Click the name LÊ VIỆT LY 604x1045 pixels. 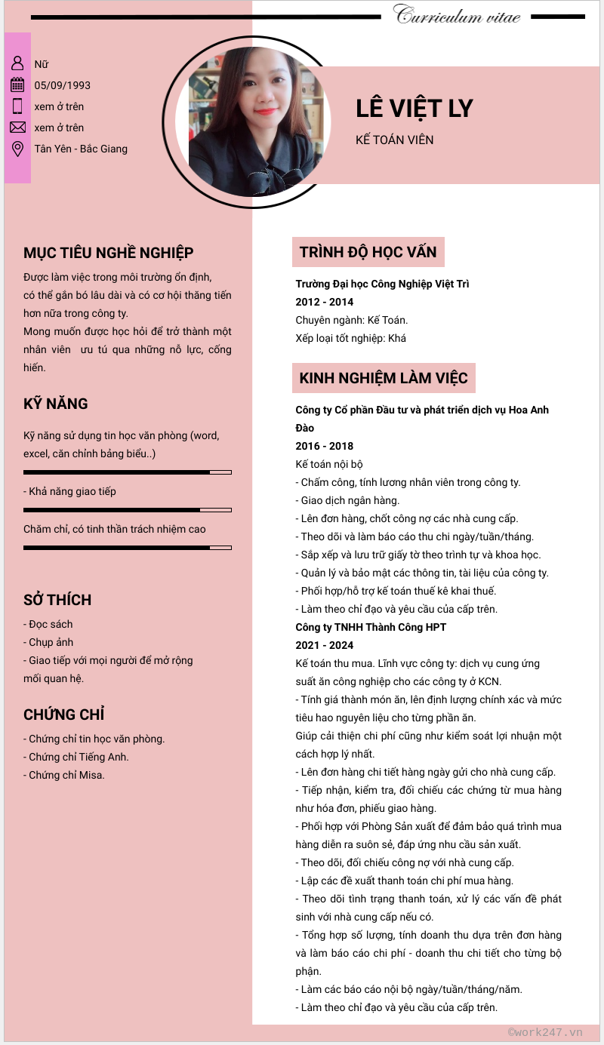[414, 109]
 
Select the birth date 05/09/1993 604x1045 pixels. [63, 85]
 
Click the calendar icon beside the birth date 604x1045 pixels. [17, 85]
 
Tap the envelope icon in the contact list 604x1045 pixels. [17, 127]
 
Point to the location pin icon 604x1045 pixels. [17, 149]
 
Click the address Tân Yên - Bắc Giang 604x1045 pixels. [81, 149]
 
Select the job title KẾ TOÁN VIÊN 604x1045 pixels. [394, 140]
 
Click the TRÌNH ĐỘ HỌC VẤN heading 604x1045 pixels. [368, 252]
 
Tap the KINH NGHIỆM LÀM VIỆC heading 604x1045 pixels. [384, 378]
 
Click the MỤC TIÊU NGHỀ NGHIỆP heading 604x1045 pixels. [108, 253]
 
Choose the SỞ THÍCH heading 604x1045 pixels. [57, 600]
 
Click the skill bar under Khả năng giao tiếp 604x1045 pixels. [127, 510]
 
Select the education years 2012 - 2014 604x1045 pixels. [325, 302]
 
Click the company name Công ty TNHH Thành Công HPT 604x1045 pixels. [371, 627]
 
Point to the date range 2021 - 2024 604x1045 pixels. [325, 645]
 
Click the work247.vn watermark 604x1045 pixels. [545, 1032]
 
